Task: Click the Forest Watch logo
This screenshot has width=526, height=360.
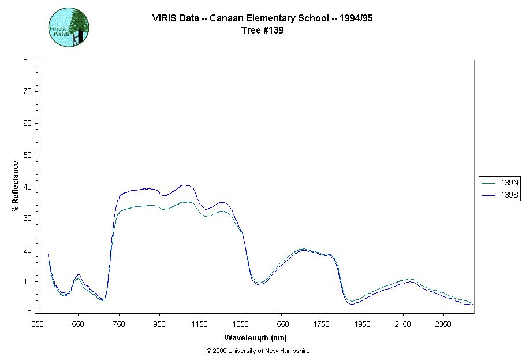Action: tap(68, 27)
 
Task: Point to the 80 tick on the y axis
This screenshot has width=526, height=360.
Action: tap(27, 60)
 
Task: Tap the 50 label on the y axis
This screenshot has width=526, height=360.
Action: tap(27, 155)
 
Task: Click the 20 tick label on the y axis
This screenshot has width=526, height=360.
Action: tap(27, 250)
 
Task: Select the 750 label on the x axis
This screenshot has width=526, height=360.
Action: tap(119, 324)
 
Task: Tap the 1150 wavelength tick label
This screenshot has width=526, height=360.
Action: tap(200, 324)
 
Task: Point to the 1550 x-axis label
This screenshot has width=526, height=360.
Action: tap(281, 324)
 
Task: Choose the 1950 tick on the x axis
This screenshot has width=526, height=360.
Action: tap(362, 324)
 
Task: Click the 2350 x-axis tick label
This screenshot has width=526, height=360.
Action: tap(443, 324)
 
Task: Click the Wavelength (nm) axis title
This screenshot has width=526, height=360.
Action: tap(256, 337)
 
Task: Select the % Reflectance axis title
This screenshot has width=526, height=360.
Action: tap(16, 186)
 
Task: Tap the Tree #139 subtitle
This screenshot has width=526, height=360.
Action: tap(262, 31)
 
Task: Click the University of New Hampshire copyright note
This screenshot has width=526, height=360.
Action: tap(262, 351)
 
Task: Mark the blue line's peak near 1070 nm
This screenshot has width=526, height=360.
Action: tap(184, 185)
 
